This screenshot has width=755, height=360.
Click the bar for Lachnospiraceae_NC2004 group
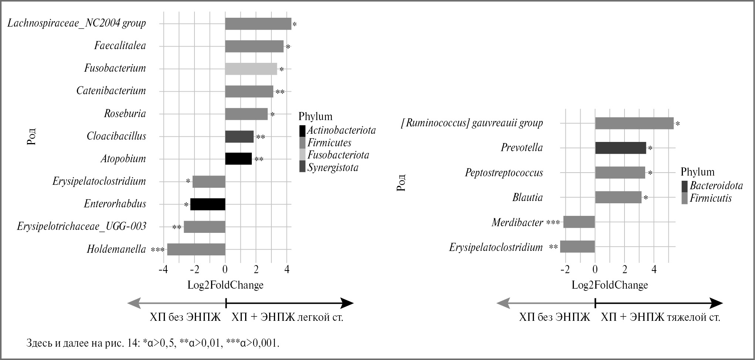click(x=258, y=24)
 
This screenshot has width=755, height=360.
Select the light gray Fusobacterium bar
click(x=251, y=69)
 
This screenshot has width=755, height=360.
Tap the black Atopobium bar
click(x=238, y=159)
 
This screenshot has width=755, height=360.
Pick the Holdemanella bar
click(x=196, y=249)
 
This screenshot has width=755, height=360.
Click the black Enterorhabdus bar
click(x=207, y=204)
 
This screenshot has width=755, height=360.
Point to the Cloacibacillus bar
click(x=239, y=136)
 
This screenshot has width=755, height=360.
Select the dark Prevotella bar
click(x=620, y=148)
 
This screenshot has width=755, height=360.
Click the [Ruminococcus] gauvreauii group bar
click(x=634, y=123)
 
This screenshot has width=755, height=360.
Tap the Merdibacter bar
click(x=579, y=222)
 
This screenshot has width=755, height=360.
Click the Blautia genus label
click(x=527, y=197)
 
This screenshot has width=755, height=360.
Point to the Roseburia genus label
click(x=125, y=113)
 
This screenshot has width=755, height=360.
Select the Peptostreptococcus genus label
click(x=504, y=173)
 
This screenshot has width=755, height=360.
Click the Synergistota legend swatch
click(x=302, y=167)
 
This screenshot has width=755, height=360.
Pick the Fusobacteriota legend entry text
click(x=338, y=155)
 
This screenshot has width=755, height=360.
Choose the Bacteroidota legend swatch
click(x=684, y=186)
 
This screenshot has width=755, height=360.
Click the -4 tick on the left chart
click(x=163, y=269)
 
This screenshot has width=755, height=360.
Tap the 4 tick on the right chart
click(x=654, y=269)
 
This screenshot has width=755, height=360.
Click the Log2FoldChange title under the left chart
click(x=225, y=285)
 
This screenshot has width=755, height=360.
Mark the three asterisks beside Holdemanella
click(x=158, y=250)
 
